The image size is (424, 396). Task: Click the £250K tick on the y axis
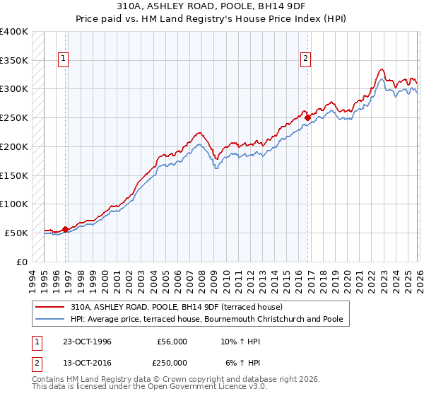[x=13, y=118]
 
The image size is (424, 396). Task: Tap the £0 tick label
[x=21, y=262]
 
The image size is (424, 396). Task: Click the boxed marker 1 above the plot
[x=64, y=59]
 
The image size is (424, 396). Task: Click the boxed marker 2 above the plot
[x=306, y=59]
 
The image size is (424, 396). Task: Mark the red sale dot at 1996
[x=66, y=229]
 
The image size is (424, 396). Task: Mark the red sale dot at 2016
[x=308, y=117]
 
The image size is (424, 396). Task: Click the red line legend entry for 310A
[x=176, y=307]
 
